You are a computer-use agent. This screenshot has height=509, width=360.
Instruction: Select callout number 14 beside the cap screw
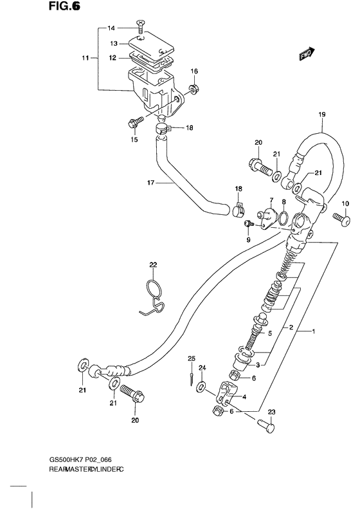click(x=111, y=28)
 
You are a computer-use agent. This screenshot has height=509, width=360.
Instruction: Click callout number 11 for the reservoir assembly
click(x=84, y=59)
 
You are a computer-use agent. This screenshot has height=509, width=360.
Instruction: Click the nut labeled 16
click(x=192, y=87)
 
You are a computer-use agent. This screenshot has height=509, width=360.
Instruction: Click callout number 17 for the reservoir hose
click(x=150, y=183)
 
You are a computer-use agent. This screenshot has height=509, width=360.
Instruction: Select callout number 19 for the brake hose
click(x=322, y=115)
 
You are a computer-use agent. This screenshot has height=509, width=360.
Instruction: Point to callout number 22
click(x=153, y=265)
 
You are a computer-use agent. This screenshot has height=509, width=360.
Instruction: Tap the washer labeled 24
click(x=202, y=386)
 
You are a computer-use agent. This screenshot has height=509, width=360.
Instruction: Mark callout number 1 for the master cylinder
click(x=314, y=332)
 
